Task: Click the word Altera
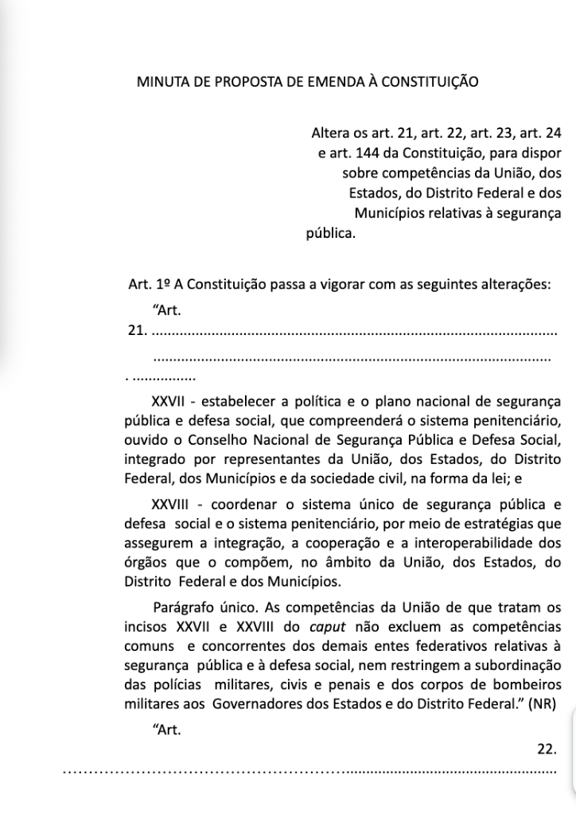[330, 130]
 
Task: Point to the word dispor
[540, 151]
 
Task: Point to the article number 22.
[547, 749]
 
